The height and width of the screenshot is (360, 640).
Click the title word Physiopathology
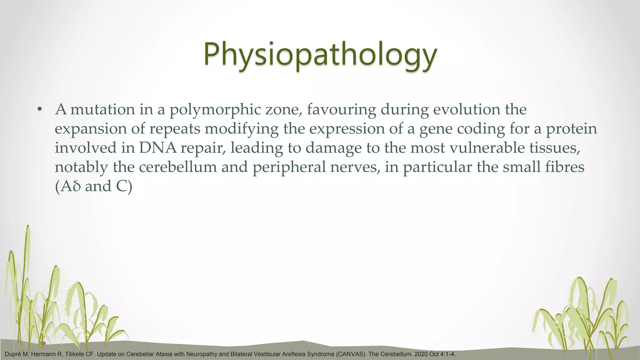pyautogui.click(x=320, y=55)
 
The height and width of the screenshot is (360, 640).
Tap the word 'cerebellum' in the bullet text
pyautogui.click(x=177, y=167)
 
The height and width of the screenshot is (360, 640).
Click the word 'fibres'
pyautogui.click(x=565, y=167)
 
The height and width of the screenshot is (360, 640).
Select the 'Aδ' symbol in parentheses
pyautogui.click(x=71, y=187)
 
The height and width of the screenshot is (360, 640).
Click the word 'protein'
pyautogui.click(x=571, y=129)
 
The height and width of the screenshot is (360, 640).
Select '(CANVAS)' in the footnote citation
pyautogui.click(x=351, y=354)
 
